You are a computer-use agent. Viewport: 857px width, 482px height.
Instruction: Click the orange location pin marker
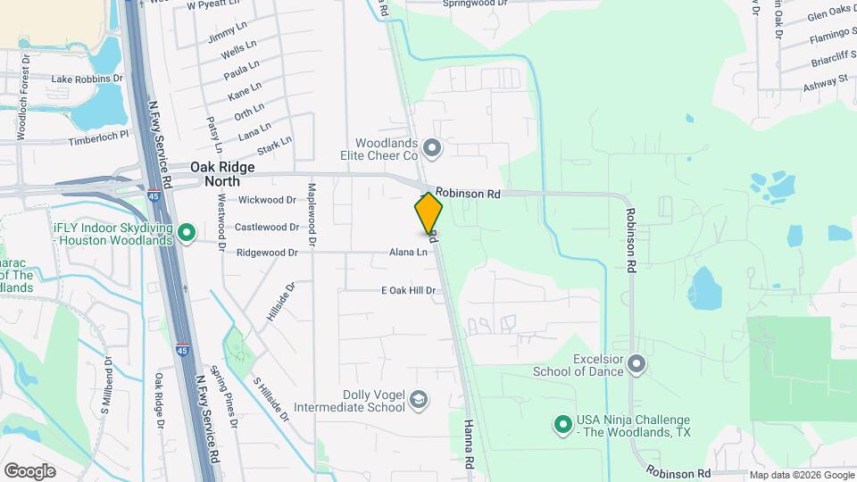(x=428, y=214)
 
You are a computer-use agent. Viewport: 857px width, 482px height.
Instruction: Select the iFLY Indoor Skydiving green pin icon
(x=187, y=234)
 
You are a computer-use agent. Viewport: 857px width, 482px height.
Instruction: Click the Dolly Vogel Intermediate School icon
(x=418, y=402)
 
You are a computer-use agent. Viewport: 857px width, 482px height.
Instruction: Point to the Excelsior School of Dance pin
(x=636, y=364)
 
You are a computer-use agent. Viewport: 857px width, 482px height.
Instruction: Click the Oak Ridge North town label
(x=222, y=173)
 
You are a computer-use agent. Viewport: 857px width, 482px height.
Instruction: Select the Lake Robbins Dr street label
(x=87, y=79)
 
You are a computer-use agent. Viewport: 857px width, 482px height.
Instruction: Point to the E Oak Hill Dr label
(x=408, y=291)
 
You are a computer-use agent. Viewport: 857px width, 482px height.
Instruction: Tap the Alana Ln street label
(x=408, y=253)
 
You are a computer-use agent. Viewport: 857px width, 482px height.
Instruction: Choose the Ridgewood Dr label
(x=267, y=253)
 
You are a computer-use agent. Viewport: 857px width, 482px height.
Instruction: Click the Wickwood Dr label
(x=267, y=200)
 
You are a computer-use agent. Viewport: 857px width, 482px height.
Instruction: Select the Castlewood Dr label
(x=267, y=227)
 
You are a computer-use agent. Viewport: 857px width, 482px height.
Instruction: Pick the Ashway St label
(x=825, y=80)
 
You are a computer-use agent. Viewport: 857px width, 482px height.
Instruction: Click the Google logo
(x=29, y=470)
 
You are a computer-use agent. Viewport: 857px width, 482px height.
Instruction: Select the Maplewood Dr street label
(x=312, y=214)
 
